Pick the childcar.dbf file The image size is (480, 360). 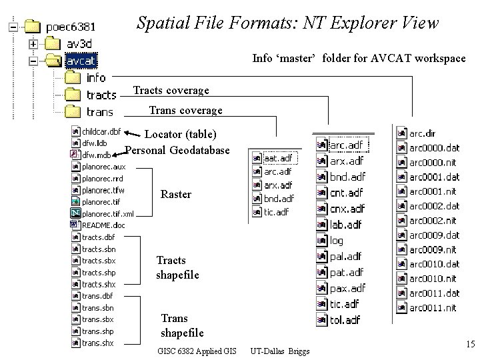tap(101, 131)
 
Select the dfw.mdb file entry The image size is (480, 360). tap(96, 155)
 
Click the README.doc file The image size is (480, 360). tap(103, 225)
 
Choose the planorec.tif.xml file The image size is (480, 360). tap(107, 214)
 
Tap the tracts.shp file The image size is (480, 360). tap(98, 273)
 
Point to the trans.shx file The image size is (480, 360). tap(97, 343)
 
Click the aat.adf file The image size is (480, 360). tap(277, 159)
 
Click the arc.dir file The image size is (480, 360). tap(423, 134)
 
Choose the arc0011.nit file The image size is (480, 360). tap(433, 308)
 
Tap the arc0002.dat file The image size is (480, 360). tap(434, 207)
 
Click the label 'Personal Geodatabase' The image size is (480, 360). tap(177, 151)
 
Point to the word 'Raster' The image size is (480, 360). tap(176, 195)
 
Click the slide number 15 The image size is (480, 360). tap(469, 345)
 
